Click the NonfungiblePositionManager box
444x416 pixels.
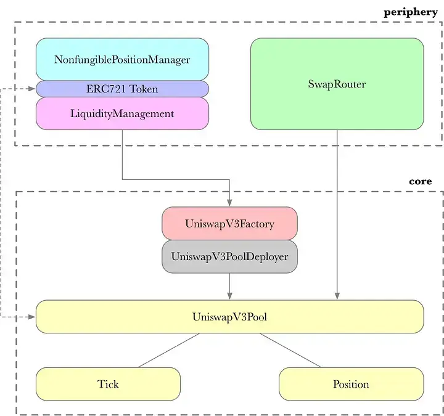click(122, 60)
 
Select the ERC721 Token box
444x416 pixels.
click(122, 89)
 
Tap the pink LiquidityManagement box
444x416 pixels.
click(122, 113)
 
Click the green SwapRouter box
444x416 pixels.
click(337, 84)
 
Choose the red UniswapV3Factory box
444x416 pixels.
click(229, 224)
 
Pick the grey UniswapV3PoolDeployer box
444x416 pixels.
click(229, 256)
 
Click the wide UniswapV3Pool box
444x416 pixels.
click(229, 317)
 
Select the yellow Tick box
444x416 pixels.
click(108, 384)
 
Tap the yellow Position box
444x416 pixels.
click(351, 384)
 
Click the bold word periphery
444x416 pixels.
click(410, 12)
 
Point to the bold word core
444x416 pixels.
click(421, 182)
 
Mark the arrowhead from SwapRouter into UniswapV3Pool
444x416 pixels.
click(337, 296)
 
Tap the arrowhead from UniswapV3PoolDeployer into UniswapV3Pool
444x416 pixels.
click(229, 296)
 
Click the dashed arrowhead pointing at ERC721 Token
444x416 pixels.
click(32, 89)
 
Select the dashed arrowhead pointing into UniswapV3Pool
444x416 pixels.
click(32, 317)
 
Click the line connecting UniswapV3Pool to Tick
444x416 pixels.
click(168, 350)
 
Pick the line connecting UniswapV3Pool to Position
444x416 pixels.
click(290, 350)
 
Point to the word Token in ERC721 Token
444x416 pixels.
click(144, 89)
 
